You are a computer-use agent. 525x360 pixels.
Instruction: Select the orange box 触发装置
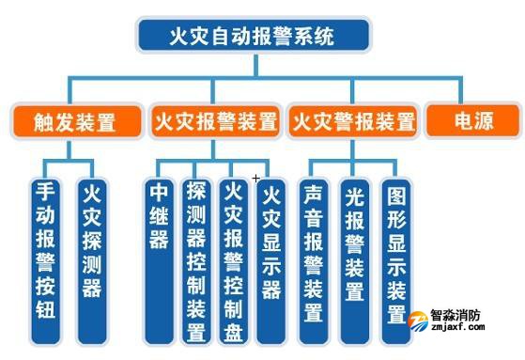pos(74,121)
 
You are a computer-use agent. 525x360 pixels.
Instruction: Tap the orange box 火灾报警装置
pos(214,121)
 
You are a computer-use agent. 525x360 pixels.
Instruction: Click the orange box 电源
pos(472,121)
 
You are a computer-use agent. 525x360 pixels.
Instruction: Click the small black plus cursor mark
pos(255,178)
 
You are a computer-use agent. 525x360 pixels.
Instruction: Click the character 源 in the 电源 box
pos(484,121)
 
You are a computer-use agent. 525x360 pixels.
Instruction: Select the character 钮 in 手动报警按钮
pos(46,309)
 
